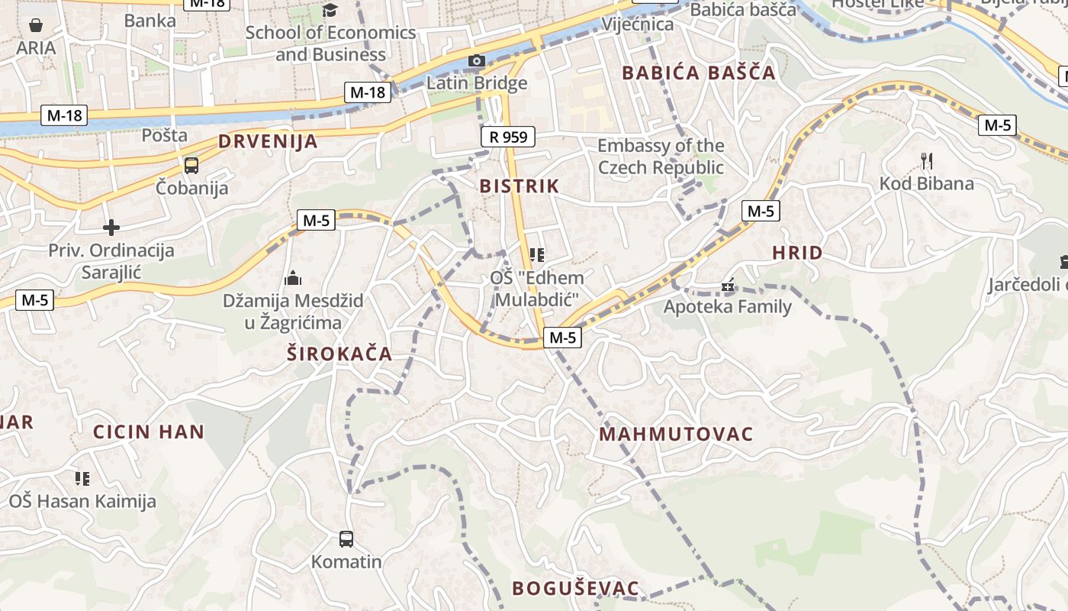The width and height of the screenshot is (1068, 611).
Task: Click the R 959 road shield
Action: click(x=508, y=137)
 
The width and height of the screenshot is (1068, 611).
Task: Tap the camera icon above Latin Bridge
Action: click(x=477, y=61)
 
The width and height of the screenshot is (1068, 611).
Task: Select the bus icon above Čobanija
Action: click(x=191, y=166)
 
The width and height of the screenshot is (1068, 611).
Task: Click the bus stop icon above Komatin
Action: click(x=346, y=539)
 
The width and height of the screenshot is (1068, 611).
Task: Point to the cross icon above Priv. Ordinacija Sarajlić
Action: click(x=111, y=228)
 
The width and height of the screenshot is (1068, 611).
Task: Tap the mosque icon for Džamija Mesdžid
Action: click(x=293, y=279)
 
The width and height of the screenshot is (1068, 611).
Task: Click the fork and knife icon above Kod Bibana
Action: click(x=927, y=161)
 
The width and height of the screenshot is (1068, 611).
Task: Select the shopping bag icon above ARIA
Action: click(x=36, y=26)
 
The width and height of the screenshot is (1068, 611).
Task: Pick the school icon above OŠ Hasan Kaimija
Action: click(x=82, y=479)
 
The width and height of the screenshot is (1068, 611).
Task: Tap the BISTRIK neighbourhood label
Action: click(x=520, y=186)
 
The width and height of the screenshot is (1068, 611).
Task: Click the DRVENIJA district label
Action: click(x=268, y=141)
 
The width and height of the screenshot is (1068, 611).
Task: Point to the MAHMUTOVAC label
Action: click(x=676, y=435)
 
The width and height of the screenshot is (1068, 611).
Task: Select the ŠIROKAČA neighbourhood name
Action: click(x=339, y=354)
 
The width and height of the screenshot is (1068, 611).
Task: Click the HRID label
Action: click(x=797, y=253)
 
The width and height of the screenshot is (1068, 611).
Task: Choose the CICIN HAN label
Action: click(x=149, y=432)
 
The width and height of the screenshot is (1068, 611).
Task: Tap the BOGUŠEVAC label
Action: click(x=575, y=588)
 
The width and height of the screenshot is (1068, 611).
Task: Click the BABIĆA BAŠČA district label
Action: click(x=699, y=73)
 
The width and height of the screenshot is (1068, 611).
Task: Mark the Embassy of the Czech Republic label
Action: click(x=661, y=157)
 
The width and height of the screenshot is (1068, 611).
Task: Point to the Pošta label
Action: click(x=165, y=135)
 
